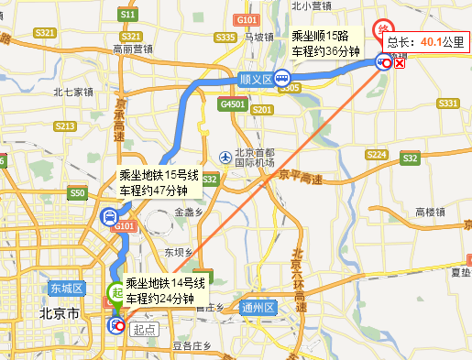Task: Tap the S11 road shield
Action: click(x=128, y=16)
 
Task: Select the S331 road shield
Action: click(x=447, y=104)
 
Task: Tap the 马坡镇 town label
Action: click(x=259, y=37)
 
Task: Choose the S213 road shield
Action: click(x=64, y=125)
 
